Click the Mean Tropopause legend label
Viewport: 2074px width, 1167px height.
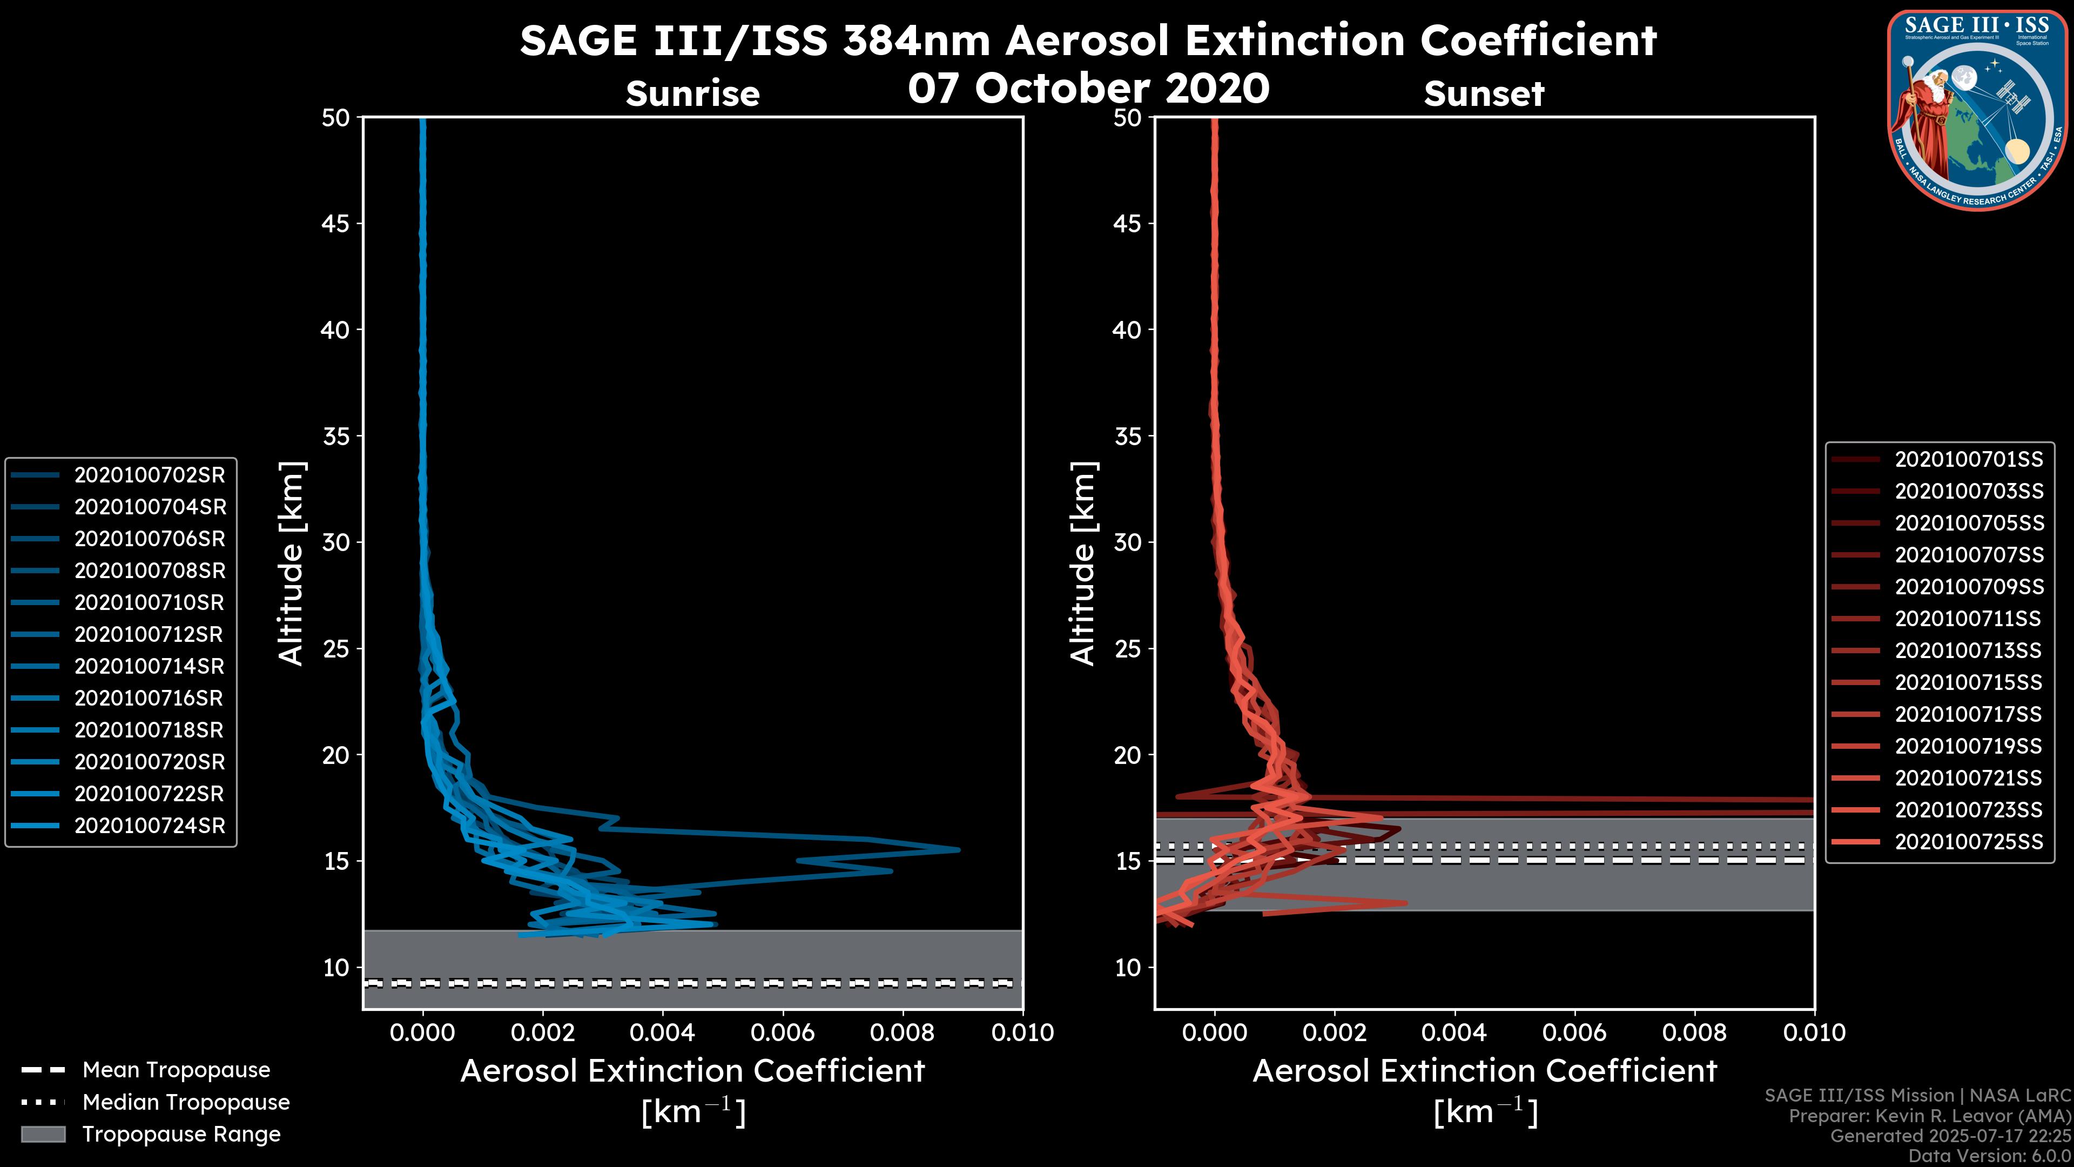point(176,1070)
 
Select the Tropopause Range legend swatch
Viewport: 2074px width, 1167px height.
point(43,1134)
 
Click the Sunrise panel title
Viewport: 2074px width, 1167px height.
point(692,94)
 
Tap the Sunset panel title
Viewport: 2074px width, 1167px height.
point(1484,94)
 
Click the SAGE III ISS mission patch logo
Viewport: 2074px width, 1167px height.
point(1977,110)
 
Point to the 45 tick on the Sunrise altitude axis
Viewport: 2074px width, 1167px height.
point(336,223)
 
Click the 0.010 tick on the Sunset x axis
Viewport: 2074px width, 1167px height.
point(1814,1032)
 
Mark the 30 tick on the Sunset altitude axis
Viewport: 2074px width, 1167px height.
point(1127,542)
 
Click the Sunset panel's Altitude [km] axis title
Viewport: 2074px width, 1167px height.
point(1083,564)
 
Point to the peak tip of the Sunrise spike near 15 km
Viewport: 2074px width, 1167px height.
point(959,849)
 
